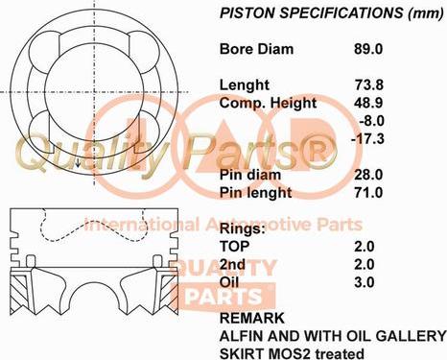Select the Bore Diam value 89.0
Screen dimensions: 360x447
pos(369,49)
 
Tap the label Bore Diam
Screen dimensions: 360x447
pos(257,49)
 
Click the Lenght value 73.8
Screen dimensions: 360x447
pos(369,84)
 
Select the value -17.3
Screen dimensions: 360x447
pos(368,139)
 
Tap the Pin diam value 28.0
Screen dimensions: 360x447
pos(369,175)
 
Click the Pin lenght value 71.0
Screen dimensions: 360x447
pos(369,193)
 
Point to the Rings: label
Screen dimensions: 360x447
pos(242,229)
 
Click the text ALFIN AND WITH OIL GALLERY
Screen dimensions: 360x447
pos(333,335)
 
